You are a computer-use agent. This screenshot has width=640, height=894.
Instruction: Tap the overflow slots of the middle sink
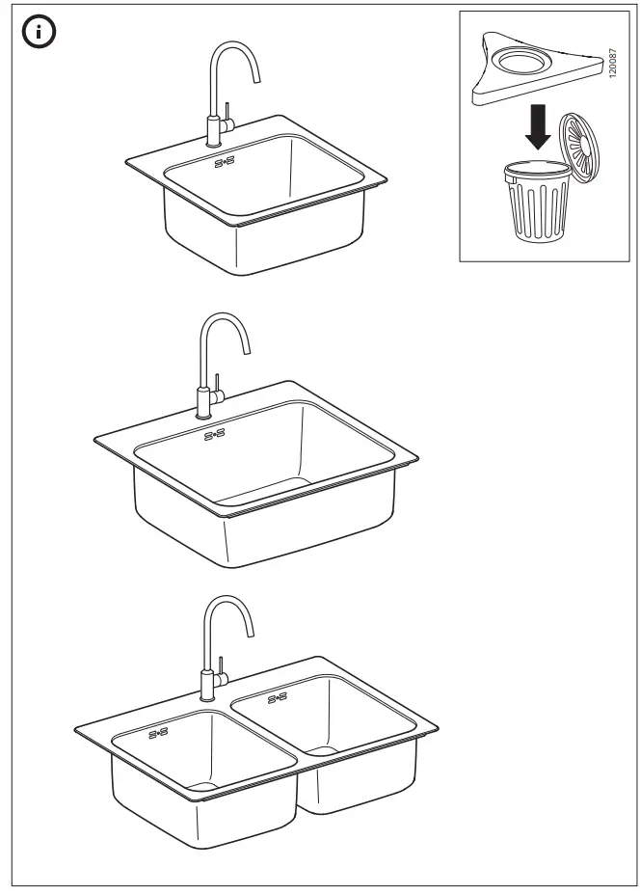click(214, 435)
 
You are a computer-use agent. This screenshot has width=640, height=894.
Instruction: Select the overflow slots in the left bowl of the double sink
click(158, 734)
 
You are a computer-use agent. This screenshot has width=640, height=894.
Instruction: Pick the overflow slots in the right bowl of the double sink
click(278, 697)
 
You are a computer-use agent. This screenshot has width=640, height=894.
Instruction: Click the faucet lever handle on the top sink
click(227, 110)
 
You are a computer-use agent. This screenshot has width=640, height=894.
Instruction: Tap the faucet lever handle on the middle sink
click(218, 384)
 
